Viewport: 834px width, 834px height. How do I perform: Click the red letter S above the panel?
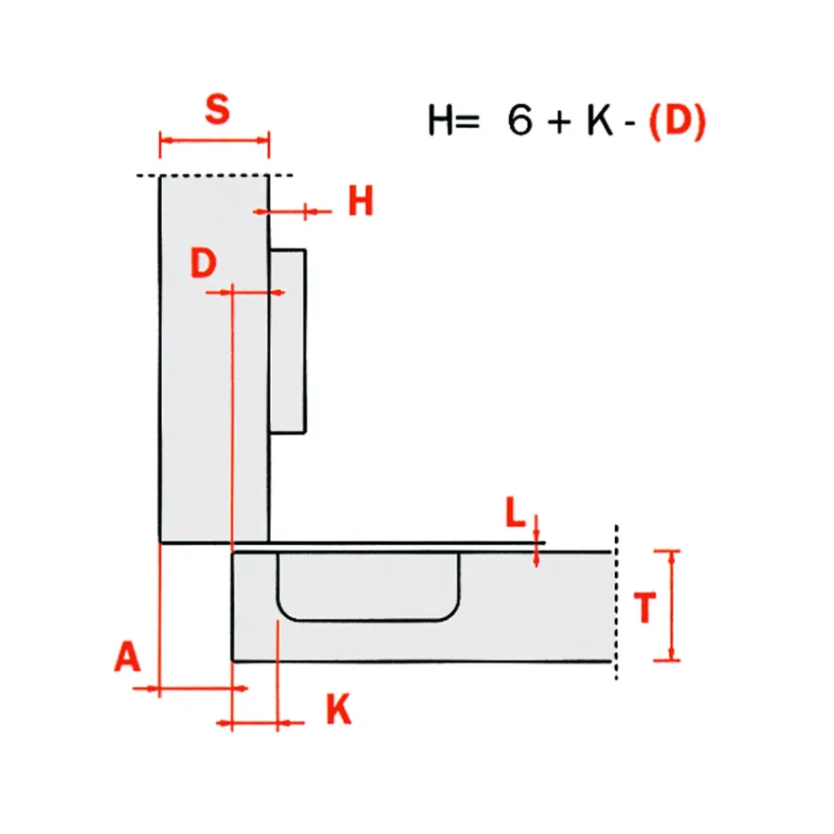pyautogui.click(x=218, y=109)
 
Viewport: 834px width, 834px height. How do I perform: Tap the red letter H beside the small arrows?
pyautogui.click(x=361, y=201)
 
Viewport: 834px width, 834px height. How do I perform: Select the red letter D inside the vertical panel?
pyautogui.click(x=203, y=263)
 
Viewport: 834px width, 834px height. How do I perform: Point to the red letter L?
pyautogui.click(x=515, y=512)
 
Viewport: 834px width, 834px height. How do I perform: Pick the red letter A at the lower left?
pyautogui.click(x=127, y=657)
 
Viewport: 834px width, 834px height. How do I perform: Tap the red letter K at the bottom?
pyautogui.click(x=339, y=709)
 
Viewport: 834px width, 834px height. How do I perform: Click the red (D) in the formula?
pyautogui.click(x=677, y=121)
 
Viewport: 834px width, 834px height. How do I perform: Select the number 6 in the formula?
pyautogui.click(x=519, y=119)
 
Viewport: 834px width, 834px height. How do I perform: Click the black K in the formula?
pyautogui.click(x=599, y=120)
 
